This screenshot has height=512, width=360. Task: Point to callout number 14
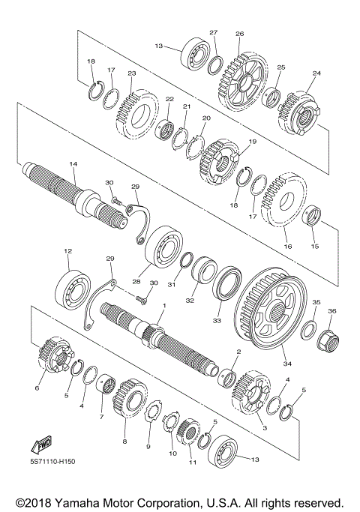pos(73,163)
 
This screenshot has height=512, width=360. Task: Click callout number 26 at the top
pos(239,34)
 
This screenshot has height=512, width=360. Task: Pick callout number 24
pos(316,73)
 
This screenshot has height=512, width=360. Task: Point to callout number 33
pos(218,320)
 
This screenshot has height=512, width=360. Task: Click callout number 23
pos(131,73)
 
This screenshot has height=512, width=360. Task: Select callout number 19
pos(252,141)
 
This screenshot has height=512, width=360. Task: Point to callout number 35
pos(316,301)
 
